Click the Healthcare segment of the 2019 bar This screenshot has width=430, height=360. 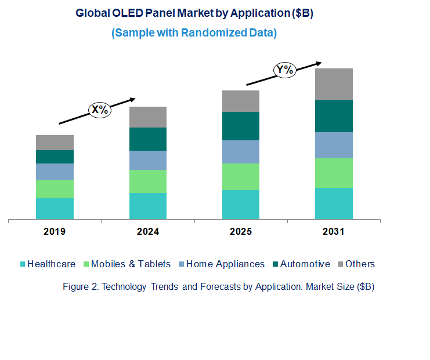[x=55, y=208]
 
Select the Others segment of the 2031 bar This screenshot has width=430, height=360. [x=334, y=84]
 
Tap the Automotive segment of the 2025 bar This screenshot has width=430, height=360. [x=241, y=126]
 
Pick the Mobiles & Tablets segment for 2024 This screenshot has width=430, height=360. [x=148, y=181]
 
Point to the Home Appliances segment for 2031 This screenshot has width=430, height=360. [x=334, y=145]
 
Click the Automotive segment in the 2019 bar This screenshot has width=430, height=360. [x=55, y=157]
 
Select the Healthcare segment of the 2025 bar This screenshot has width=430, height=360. [x=241, y=204]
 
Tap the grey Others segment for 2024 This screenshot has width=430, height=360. [x=148, y=117]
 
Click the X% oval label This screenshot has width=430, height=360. [x=99, y=109]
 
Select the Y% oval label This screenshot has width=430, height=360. [x=285, y=70]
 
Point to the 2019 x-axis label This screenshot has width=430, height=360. [x=55, y=231]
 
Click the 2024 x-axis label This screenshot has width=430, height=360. [x=148, y=231]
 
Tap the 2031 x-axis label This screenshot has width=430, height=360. [x=334, y=231]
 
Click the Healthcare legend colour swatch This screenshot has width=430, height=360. [x=23, y=264]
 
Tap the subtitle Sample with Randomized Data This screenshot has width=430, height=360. [x=194, y=33]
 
